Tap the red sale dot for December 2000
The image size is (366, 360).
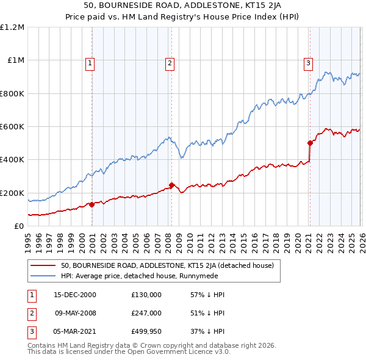92,204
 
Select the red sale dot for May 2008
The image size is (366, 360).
171,185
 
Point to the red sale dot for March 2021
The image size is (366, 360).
310,143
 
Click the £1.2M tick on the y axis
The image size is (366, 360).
12,27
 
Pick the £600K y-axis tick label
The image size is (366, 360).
12,127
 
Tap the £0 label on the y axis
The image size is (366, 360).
18,226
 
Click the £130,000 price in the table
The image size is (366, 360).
146,294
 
